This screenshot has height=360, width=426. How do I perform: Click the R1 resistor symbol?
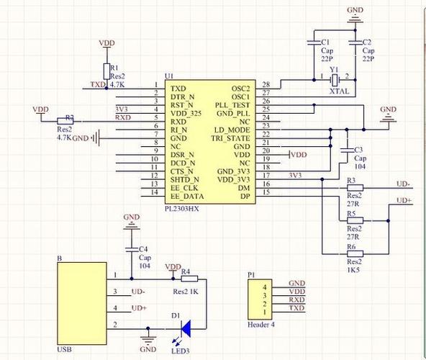(x=106, y=71)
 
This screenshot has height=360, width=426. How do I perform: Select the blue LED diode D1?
(x=186, y=329)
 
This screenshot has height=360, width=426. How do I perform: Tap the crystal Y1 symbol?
(x=335, y=80)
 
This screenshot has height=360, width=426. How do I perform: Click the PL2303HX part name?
(x=182, y=209)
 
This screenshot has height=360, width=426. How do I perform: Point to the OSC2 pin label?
(x=240, y=89)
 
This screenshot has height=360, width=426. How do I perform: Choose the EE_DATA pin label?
(x=187, y=197)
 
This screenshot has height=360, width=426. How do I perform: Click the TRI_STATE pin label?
(x=231, y=138)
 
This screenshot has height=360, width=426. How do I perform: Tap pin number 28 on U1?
(x=266, y=84)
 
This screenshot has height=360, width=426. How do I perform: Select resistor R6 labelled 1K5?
(x=355, y=254)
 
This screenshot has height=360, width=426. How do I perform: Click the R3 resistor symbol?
(x=355, y=188)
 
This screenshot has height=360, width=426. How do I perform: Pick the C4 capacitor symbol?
(x=132, y=249)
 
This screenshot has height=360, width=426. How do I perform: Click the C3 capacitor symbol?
(x=347, y=150)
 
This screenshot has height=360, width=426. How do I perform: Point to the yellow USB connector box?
(x=82, y=303)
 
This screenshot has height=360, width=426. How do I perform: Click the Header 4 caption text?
(x=261, y=325)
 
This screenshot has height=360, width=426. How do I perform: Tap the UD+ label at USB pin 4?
(x=139, y=308)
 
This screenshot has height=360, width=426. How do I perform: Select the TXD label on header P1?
(x=296, y=307)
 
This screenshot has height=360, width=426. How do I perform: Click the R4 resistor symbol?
(x=189, y=279)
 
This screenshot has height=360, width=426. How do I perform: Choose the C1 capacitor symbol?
(x=314, y=42)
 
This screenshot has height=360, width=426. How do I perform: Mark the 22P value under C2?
(x=368, y=59)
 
